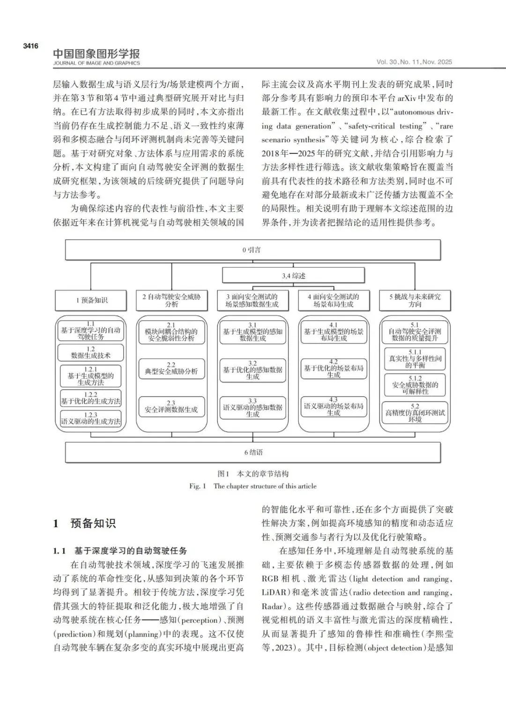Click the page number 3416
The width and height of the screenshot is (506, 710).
30,46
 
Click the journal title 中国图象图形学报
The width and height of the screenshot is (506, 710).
96,54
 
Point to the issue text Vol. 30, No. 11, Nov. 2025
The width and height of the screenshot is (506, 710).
414,62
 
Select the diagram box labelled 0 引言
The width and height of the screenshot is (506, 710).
253,250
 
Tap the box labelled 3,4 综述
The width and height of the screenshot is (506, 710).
293,276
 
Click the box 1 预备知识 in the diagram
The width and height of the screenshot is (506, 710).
91,300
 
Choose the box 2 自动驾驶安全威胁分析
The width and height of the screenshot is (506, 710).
171,300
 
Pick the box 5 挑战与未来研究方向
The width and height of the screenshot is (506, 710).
415,300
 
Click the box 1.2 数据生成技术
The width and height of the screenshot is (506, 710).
91,352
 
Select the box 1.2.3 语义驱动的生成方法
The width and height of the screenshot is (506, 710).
91,418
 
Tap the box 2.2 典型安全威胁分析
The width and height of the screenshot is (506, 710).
171,369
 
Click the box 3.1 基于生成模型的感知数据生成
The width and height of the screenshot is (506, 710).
253,332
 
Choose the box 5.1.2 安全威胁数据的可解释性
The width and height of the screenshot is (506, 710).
415,384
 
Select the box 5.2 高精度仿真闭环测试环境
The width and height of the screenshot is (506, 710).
415,412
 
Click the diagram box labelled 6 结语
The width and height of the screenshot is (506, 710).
253,452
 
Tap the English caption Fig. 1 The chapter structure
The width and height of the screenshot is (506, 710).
253,486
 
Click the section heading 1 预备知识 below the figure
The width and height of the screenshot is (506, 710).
84,523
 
